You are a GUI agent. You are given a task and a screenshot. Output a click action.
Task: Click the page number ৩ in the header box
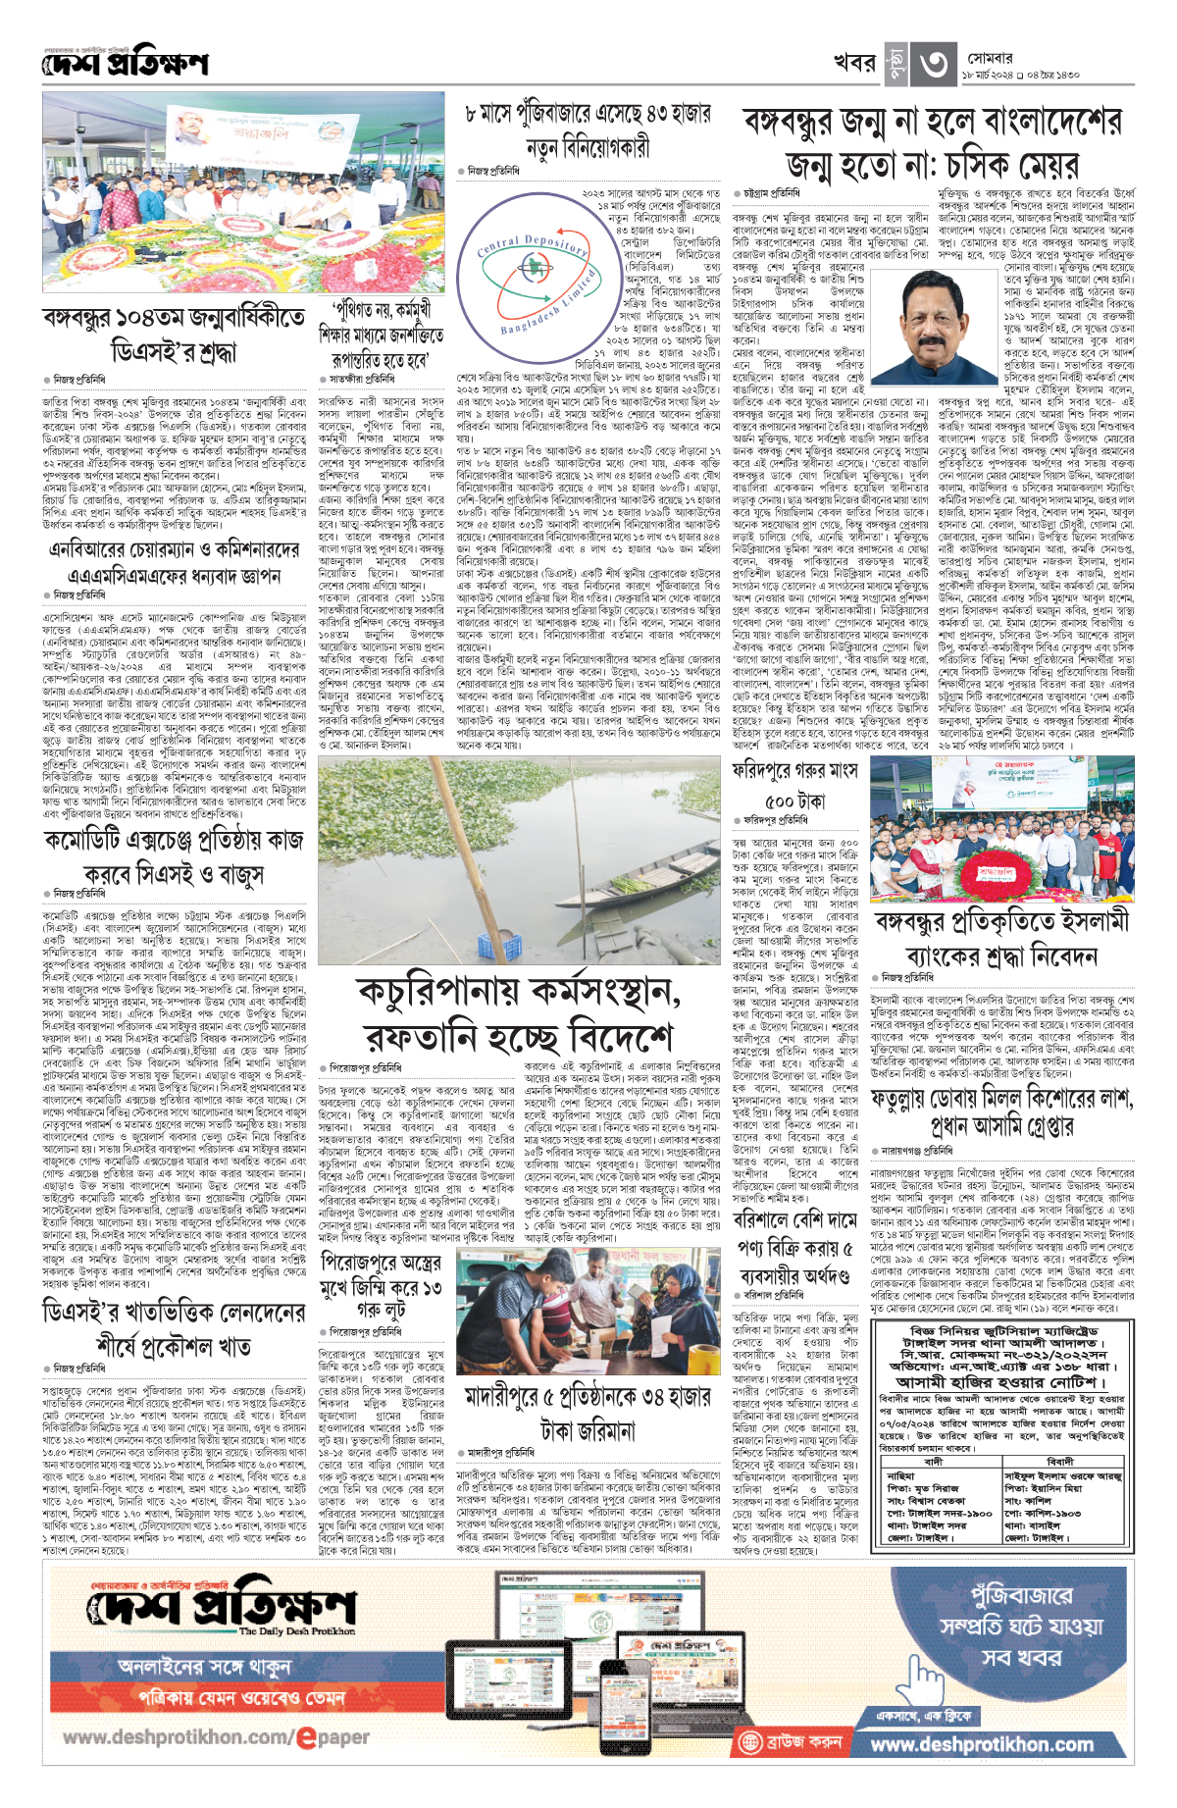click(x=933, y=65)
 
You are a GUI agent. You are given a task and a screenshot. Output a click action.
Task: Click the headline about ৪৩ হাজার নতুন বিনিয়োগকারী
click(x=588, y=131)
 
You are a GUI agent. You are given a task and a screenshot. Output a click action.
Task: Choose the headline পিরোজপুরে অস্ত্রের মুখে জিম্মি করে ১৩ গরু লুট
click(x=381, y=1286)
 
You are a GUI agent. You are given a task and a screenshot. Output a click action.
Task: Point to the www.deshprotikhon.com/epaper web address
click(x=216, y=1736)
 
